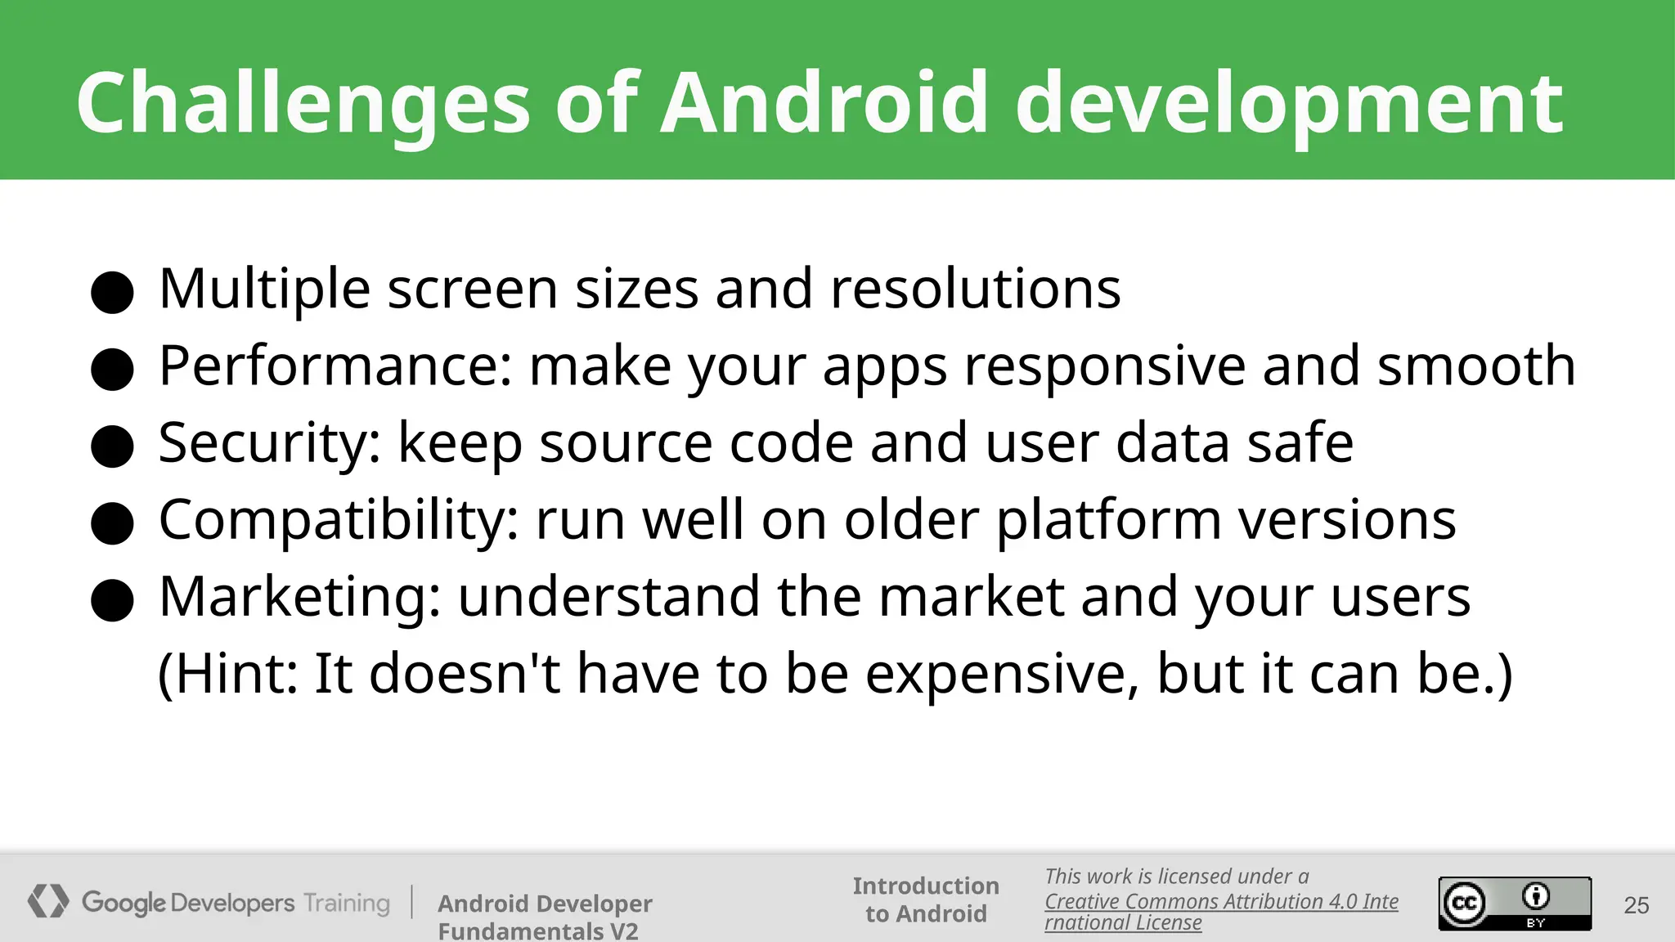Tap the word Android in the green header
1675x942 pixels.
point(824,103)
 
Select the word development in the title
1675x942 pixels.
point(1289,103)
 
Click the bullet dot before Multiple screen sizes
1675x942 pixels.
point(112,293)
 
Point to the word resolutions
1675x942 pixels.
point(975,289)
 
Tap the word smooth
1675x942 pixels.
point(1476,366)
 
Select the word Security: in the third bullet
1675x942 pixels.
point(270,442)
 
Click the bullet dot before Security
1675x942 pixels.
point(112,446)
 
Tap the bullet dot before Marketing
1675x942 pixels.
point(112,601)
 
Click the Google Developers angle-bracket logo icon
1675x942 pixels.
point(48,901)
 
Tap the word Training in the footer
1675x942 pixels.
point(347,903)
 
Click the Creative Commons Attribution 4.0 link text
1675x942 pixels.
point(1220,902)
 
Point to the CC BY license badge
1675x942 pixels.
point(1515,904)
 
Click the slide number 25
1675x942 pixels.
point(1636,905)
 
